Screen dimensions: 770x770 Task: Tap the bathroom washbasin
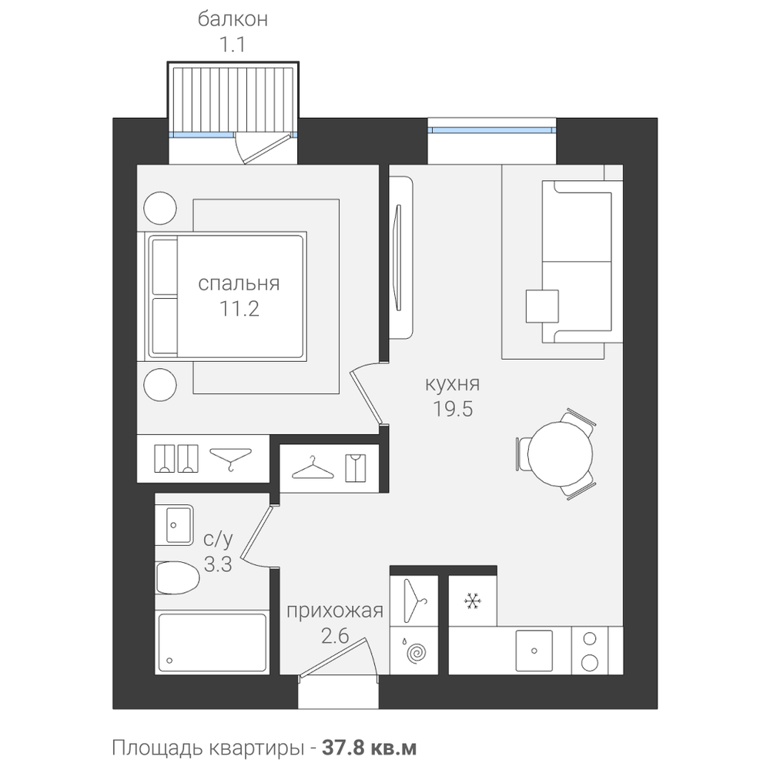(174, 524)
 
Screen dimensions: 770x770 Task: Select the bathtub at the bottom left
(213, 643)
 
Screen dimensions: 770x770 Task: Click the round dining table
(560, 454)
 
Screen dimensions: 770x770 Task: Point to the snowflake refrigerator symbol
(473, 601)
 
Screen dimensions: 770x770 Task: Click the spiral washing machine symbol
(417, 653)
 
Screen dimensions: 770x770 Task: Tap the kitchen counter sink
(534, 651)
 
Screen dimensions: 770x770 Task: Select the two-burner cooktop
(590, 651)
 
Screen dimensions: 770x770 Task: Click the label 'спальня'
(239, 283)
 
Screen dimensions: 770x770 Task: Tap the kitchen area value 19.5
(452, 408)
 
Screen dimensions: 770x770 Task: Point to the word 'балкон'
(233, 19)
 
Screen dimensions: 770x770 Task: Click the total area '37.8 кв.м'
(370, 748)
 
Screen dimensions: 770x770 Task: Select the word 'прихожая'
(334, 611)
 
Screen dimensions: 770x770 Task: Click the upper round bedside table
(160, 208)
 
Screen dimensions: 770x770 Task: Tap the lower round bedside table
(160, 384)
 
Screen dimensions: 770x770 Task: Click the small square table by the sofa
(542, 306)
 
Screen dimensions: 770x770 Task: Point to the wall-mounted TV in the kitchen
(398, 258)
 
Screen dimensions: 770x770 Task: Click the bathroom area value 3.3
(218, 564)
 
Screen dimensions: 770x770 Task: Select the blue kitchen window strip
(491, 130)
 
